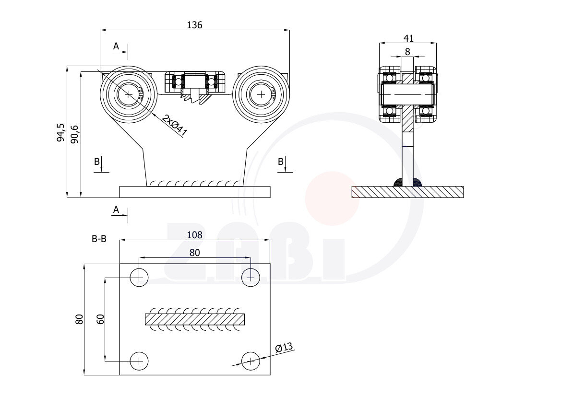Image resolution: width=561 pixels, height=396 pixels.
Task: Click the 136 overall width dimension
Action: pos(195,25)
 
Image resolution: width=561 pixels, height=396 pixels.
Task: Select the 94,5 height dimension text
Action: pos(60,132)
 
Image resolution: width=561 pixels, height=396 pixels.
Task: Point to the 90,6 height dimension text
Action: pos(74,133)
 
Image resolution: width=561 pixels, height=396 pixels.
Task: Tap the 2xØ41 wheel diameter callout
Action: pos(174,126)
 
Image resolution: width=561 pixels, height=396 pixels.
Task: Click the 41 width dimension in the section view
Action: pos(408,38)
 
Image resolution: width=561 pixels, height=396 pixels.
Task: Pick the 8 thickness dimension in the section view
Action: pos(407,51)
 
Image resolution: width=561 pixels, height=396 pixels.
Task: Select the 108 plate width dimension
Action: pos(195,235)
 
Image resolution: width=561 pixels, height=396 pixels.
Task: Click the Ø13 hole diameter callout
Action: pos(284,348)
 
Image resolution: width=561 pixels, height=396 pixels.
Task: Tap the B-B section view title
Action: pos(99,238)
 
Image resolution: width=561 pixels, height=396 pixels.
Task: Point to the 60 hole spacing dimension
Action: pos(100,319)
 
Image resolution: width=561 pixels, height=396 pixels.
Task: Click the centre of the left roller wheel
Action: pos(129,94)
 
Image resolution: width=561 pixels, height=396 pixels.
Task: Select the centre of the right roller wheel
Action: pos(261,94)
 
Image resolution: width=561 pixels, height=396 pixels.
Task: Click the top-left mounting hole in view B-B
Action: pos(139,277)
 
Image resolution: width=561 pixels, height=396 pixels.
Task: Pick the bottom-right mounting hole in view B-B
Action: pos(251,361)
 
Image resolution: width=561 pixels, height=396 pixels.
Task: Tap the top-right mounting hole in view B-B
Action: pos(251,277)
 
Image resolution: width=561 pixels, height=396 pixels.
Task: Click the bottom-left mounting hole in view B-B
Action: pos(139,361)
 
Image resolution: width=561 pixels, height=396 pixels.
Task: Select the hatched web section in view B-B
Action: pos(195,319)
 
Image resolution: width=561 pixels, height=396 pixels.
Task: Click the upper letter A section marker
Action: pos(116,47)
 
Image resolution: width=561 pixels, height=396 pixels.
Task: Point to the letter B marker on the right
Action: pos(281,162)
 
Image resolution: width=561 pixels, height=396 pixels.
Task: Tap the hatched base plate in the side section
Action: pos(407,192)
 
